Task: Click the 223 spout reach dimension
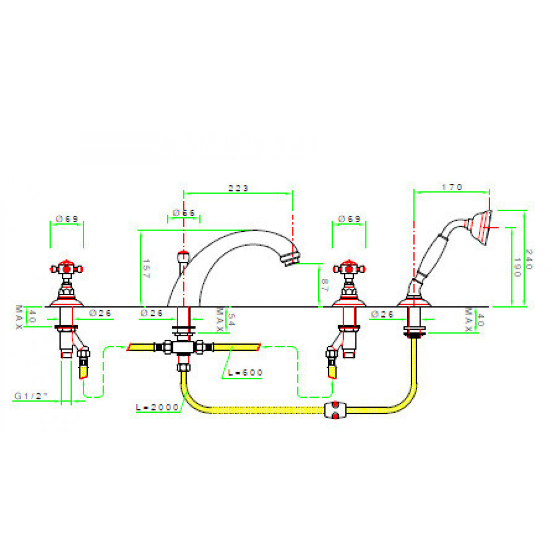pos(238,188)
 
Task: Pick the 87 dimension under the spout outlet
pos(325,287)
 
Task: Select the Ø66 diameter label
pos(184,213)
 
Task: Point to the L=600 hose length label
pos(245,372)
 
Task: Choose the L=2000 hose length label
pos(158,407)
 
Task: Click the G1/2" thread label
pos(31,396)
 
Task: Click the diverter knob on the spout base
pos(182,257)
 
